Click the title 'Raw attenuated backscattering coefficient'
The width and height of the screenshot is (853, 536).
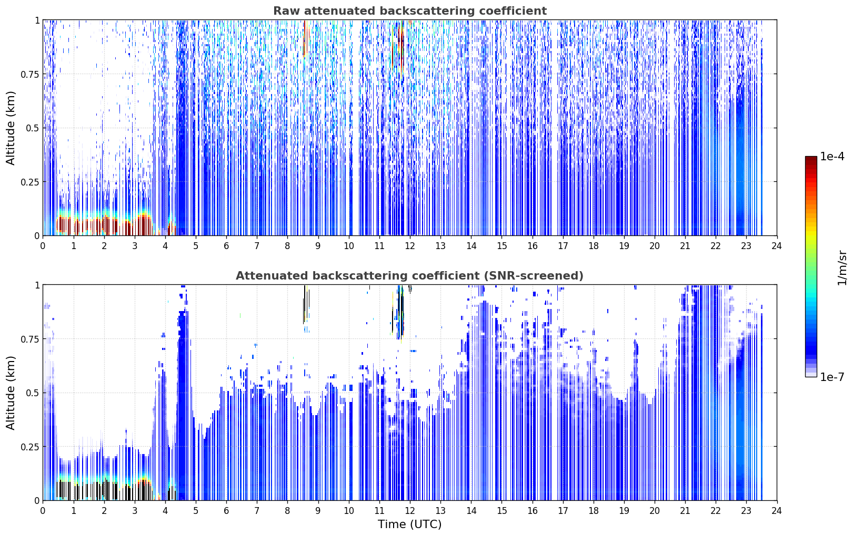coord(410,11)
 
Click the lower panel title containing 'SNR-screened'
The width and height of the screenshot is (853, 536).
coord(410,275)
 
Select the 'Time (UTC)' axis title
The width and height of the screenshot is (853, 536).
coord(410,524)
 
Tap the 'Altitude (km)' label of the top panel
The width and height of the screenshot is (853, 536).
coord(11,128)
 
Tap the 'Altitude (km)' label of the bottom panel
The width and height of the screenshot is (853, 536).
coord(11,393)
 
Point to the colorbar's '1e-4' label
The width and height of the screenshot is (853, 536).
coord(832,156)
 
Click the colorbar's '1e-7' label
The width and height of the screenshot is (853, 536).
coord(832,377)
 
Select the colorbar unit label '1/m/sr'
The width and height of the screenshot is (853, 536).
coord(842,267)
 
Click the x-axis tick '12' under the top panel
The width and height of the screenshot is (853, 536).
coord(410,246)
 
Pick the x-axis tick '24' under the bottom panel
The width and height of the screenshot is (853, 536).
coord(777,511)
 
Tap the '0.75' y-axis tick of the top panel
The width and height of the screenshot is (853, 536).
coord(29,74)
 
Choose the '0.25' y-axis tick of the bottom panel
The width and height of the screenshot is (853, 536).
coord(29,447)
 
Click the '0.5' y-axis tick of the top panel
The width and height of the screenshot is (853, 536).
coord(33,128)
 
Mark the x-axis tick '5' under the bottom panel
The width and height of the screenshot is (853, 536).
coord(196,511)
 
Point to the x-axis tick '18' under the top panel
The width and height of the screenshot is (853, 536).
coord(593,246)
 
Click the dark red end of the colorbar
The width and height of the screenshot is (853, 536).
coord(811,160)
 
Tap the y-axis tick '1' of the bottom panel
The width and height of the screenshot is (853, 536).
coord(37,285)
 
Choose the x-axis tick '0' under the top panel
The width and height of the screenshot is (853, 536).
coord(43,246)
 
